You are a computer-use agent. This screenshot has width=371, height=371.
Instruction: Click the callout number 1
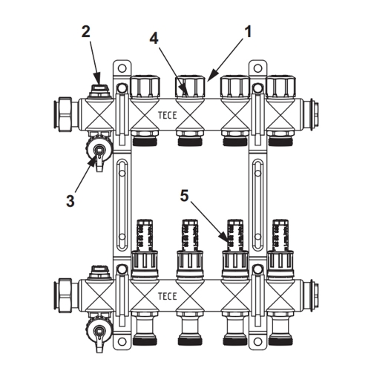click(x=248, y=32)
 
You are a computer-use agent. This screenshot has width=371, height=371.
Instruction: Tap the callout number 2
click(x=86, y=32)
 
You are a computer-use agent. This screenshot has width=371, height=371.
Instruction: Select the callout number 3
click(x=70, y=201)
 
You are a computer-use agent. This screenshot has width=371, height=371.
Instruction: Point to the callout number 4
click(x=154, y=39)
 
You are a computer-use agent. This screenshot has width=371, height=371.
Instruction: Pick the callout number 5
click(x=184, y=196)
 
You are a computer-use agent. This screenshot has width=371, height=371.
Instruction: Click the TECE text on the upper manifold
click(x=168, y=115)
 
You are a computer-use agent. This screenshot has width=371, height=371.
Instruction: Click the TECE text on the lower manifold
click(x=168, y=296)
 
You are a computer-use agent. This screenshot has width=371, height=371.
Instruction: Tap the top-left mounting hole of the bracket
click(x=122, y=68)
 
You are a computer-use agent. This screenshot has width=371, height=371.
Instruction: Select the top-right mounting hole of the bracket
click(x=257, y=68)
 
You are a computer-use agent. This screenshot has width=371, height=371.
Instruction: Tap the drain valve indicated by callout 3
click(x=99, y=151)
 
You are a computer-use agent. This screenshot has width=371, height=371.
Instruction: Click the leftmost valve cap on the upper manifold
click(x=145, y=87)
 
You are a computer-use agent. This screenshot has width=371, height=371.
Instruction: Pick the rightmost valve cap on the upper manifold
click(x=281, y=87)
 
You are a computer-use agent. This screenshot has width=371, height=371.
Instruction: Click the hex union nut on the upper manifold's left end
click(x=62, y=116)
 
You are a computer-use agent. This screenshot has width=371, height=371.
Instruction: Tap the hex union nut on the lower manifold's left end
click(x=62, y=296)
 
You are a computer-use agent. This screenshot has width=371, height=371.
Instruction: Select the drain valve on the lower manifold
click(x=99, y=332)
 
